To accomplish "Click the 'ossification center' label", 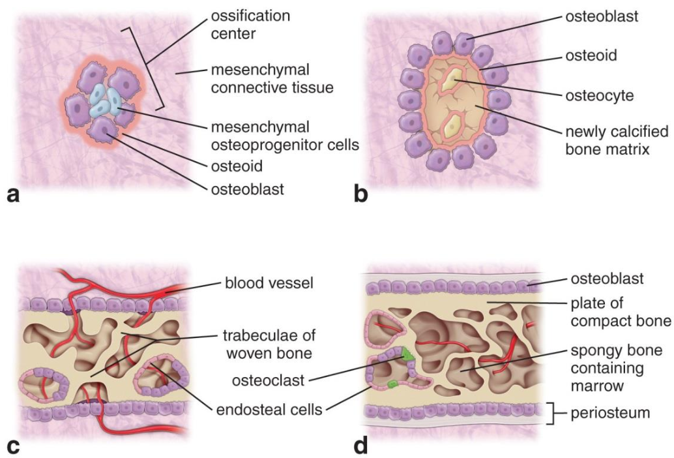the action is point(250,25).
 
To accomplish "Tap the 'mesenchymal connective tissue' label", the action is point(272,79).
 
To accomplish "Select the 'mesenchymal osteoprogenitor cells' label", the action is point(285,136).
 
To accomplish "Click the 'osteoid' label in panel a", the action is point(237,166).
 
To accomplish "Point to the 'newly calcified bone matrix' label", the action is point(617,140).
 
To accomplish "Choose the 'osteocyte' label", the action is point(600,95).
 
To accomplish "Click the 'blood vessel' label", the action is point(269,283).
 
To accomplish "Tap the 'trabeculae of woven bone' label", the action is point(269,344).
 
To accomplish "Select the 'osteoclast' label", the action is point(268,380).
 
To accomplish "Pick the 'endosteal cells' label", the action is point(269,410).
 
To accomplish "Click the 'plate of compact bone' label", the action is point(621,313).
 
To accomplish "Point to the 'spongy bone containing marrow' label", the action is point(617,368).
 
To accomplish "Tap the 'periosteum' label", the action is point(610,413).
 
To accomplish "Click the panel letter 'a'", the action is point(14,195).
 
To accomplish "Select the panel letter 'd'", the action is point(360,446).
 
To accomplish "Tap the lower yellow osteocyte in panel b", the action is point(451,127).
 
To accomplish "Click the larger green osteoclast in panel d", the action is point(406,354).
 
